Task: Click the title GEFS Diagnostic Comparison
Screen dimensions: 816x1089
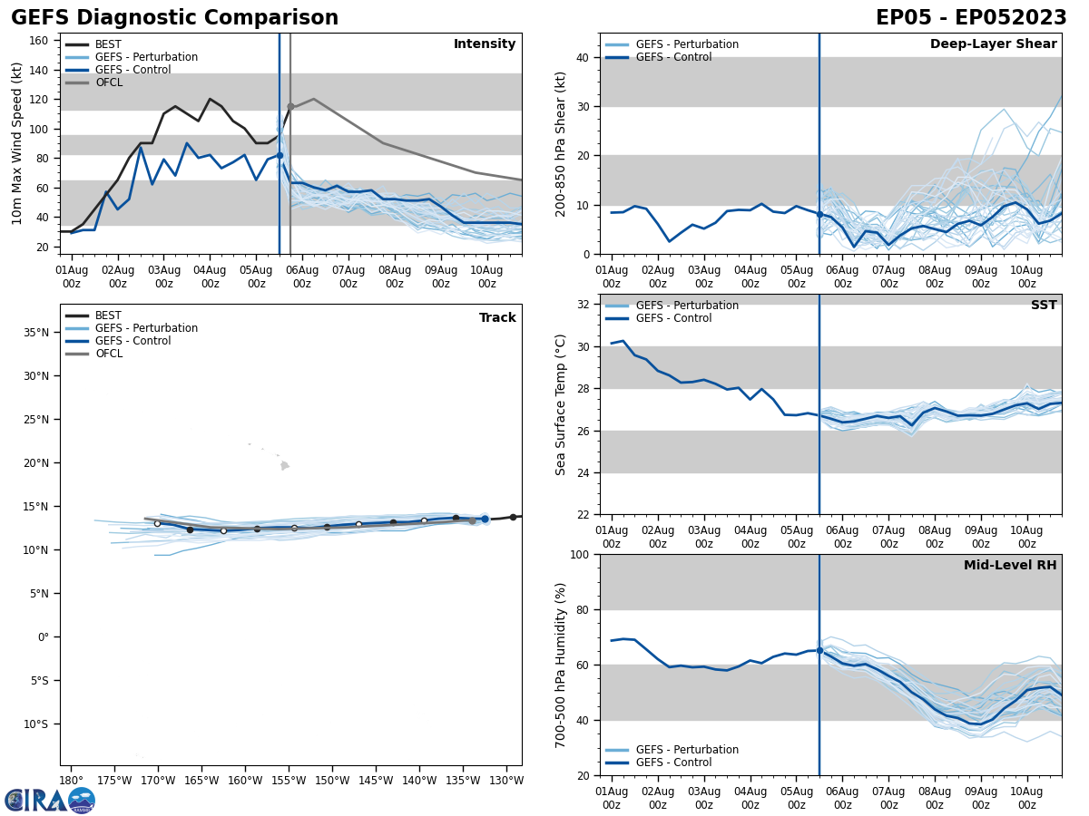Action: pyautogui.click(x=174, y=18)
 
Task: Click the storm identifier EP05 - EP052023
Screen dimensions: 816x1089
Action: pyautogui.click(x=971, y=18)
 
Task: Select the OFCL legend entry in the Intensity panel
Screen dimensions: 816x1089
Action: pyautogui.click(x=108, y=83)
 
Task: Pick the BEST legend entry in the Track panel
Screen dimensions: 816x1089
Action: pyautogui.click(x=108, y=316)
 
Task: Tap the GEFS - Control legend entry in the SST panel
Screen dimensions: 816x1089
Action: pyautogui.click(x=673, y=318)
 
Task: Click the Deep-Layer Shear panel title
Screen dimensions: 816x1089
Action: pyautogui.click(x=993, y=44)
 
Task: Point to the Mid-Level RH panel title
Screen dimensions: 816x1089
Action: pyautogui.click(x=1010, y=566)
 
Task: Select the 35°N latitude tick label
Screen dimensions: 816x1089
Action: pyautogui.click(x=36, y=333)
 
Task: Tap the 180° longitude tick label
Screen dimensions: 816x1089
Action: pyautogui.click(x=72, y=781)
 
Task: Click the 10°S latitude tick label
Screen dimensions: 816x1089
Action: pyautogui.click(x=36, y=724)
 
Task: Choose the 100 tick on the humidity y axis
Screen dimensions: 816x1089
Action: pyautogui.click(x=580, y=555)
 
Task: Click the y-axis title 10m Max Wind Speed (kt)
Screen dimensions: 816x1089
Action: pyautogui.click(x=17, y=143)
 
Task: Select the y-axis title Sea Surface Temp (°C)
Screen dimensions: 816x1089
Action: pyautogui.click(x=561, y=404)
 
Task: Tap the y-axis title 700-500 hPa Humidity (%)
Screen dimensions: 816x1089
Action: pyautogui.click(x=561, y=665)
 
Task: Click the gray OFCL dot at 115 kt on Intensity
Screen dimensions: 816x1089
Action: pyautogui.click(x=290, y=107)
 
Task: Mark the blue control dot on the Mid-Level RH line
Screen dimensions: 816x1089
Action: pyautogui.click(x=819, y=650)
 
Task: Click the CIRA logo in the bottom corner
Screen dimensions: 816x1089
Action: pyautogui.click(x=50, y=800)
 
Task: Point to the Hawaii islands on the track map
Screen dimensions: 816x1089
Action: pyautogui.click(x=284, y=465)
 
